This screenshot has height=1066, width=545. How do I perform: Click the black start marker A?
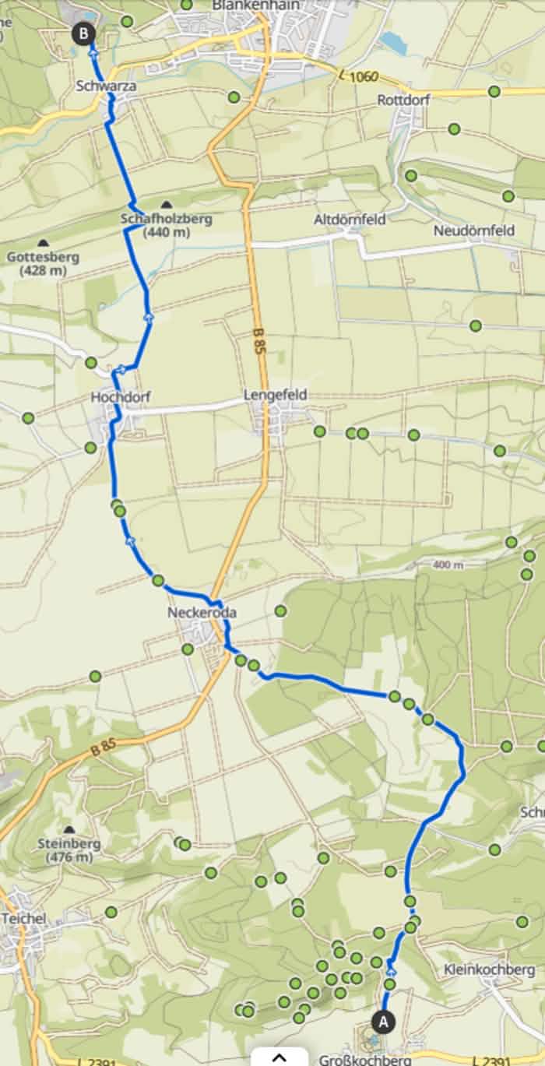382,1019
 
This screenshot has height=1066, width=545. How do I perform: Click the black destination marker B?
83,33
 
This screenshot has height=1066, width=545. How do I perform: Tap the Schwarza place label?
107,86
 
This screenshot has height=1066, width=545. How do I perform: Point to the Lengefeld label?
276,395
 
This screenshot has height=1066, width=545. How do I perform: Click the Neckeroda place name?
202,613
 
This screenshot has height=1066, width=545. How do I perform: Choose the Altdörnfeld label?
350,220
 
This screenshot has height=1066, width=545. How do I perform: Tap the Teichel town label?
23,918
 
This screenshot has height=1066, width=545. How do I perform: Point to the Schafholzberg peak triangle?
166,204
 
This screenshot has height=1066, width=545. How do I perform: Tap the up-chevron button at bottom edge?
280,1057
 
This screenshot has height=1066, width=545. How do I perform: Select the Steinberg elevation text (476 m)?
69,857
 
